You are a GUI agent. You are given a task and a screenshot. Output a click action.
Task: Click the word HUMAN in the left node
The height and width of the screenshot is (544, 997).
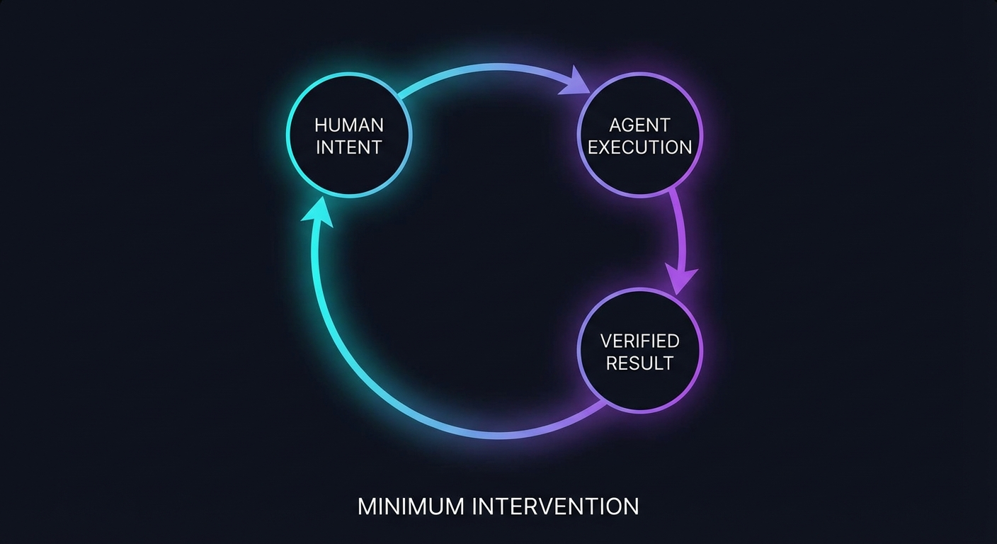[349, 125]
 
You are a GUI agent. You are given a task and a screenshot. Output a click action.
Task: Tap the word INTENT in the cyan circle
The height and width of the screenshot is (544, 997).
[349, 147]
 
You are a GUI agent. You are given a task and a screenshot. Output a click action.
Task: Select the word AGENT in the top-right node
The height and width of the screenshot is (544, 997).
[639, 125]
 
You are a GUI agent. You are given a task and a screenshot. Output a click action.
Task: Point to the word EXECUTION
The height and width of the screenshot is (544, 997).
[639, 147]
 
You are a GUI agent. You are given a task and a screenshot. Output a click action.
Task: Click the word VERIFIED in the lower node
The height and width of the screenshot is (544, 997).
[639, 341]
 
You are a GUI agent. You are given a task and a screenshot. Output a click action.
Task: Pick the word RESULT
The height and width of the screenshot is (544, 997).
[639, 363]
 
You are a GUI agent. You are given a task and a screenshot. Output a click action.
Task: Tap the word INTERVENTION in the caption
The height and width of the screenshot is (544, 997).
[554, 506]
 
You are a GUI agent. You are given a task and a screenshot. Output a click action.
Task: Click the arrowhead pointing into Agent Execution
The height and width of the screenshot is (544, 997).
[578, 81]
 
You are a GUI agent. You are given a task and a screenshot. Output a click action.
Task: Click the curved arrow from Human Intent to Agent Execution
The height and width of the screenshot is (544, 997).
[489, 67]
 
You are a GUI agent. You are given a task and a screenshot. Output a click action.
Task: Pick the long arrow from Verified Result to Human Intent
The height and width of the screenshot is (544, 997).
[397, 397]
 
